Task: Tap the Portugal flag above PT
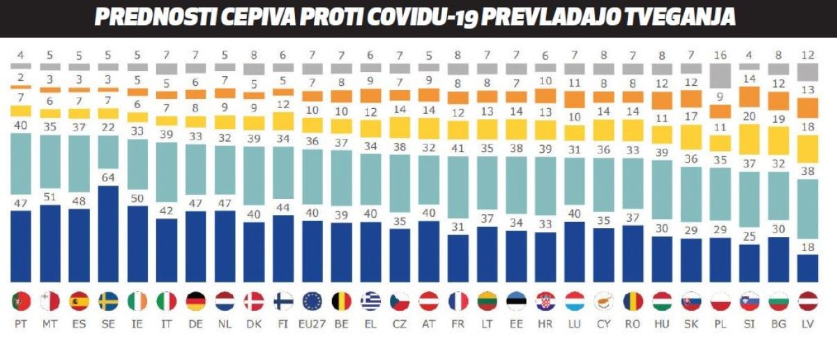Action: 22,301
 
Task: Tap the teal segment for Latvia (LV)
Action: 807,209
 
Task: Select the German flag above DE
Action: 196,301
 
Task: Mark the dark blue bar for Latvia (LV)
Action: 807,267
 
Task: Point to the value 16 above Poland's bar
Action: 720,56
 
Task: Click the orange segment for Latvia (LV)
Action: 807,107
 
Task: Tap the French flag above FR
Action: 458,301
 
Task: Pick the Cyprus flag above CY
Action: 603,301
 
